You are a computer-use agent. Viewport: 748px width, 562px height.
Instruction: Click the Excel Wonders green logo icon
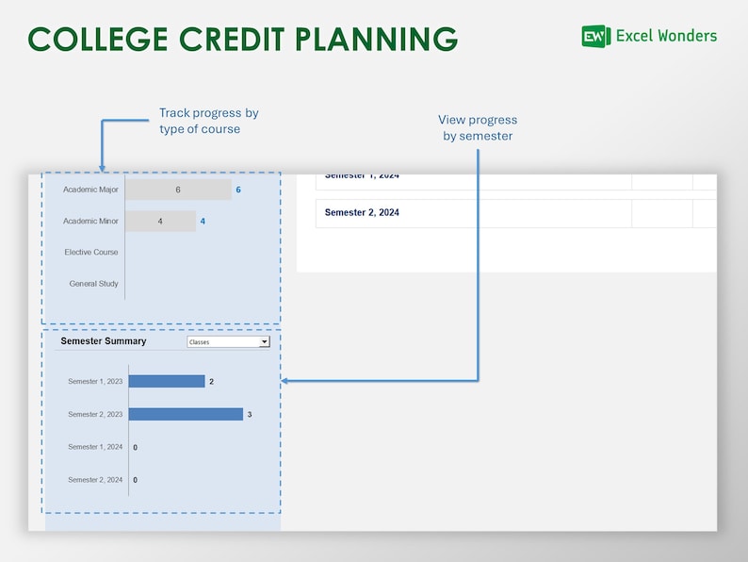point(595,37)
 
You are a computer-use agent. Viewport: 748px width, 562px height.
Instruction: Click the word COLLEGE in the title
point(94,39)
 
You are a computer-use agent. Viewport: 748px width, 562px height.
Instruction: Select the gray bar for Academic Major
point(177,190)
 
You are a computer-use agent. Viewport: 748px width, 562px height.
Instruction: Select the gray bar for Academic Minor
point(160,222)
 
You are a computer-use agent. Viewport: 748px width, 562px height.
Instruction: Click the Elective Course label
point(91,253)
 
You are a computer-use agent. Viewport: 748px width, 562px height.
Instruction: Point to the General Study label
point(94,284)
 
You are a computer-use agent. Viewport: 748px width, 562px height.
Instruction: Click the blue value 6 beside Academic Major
point(238,190)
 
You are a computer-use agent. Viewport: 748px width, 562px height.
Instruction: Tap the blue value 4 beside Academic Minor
point(203,222)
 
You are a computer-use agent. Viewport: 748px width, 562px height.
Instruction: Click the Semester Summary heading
point(104,341)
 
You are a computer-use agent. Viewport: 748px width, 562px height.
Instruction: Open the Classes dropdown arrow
point(265,342)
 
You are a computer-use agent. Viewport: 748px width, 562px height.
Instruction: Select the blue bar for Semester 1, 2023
point(166,382)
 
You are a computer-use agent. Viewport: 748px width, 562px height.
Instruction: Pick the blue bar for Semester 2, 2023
point(186,414)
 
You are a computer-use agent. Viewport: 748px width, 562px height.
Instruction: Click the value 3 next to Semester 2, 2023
point(250,414)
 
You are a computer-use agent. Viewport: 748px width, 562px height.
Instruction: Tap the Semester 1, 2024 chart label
point(95,447)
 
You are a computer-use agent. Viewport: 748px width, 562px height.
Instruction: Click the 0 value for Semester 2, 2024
point(135,480)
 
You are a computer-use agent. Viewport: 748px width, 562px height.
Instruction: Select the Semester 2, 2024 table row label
point(362,213)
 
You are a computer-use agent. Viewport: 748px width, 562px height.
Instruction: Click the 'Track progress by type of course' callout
point(208,121)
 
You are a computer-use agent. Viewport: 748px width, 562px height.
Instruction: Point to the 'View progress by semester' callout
point(478,128)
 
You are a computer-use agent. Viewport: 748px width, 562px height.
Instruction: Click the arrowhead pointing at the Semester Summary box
point(285,381)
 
